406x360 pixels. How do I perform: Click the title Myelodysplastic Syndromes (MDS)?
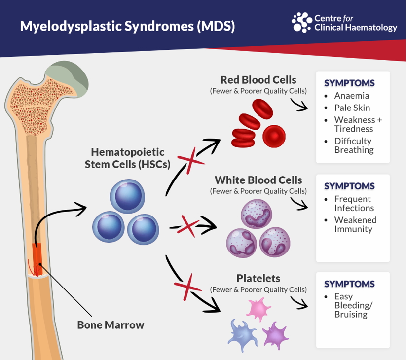(127, 26)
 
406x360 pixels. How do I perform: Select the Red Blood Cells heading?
(258, 80)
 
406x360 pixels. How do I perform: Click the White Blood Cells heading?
(258, 180)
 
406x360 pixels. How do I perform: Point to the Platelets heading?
(258, 278)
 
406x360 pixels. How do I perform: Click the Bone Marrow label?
(111, 325)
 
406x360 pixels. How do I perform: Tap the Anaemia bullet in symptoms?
(351, 96)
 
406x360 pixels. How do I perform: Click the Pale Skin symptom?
(352, 108)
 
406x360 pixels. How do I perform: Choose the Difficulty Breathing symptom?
(353, 145)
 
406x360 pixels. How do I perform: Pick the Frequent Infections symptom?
(353, 203)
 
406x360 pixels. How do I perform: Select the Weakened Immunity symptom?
(355, 224)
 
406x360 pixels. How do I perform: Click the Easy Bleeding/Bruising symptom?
(353, 305)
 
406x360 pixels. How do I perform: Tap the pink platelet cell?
(258, 308)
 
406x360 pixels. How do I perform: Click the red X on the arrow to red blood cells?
(188, 161)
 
